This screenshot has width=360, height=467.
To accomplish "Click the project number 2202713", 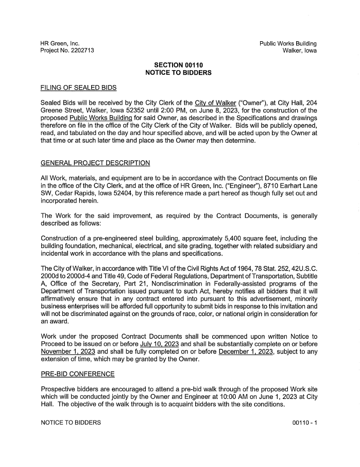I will (x=80, y=51).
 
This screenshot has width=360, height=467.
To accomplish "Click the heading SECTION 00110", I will (x=180, y=65).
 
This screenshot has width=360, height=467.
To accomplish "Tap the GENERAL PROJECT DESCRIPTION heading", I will (x=95, y=163).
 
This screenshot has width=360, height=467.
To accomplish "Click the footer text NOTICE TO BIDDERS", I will (x=71, y=423).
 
